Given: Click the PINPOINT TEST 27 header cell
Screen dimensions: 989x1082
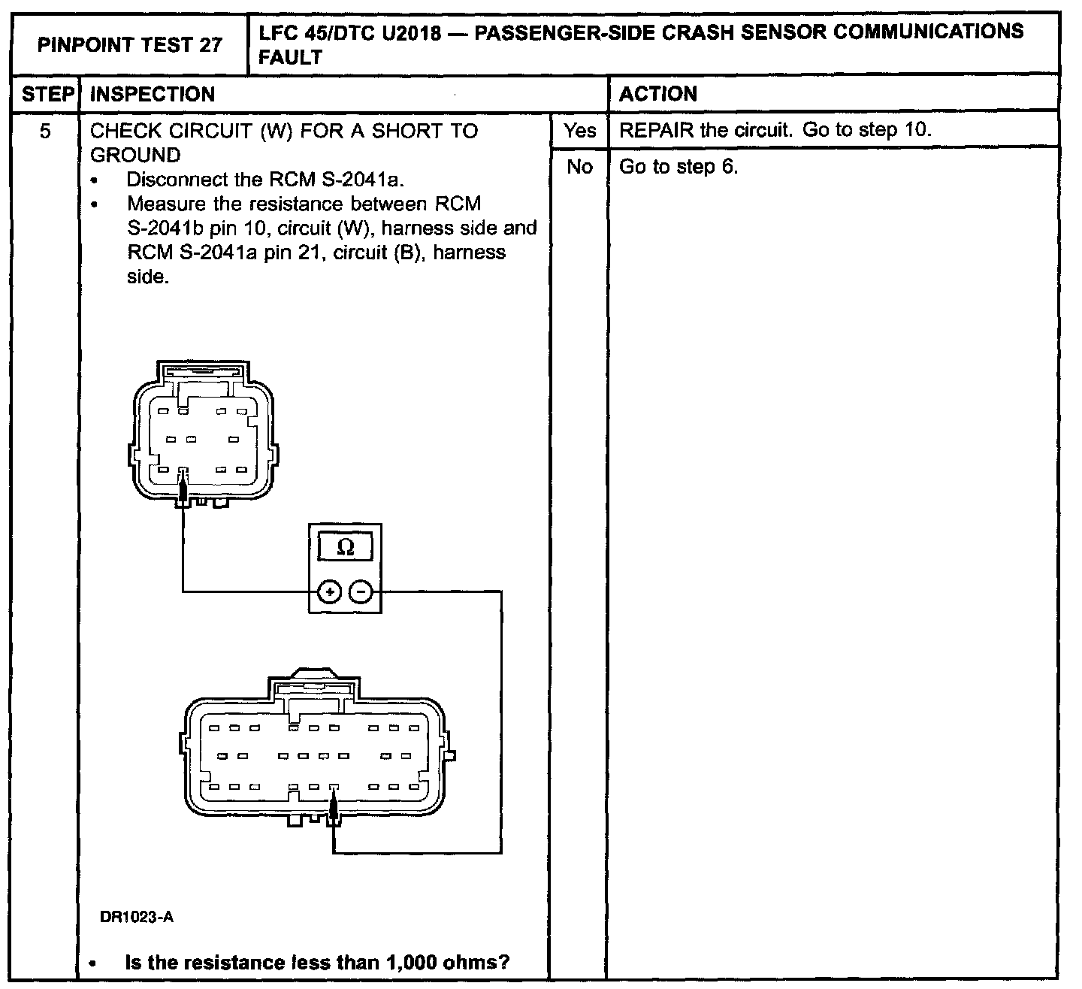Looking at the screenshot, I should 130,45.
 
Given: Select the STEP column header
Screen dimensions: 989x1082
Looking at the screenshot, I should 47,95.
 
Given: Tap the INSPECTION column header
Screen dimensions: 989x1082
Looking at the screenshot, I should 153,95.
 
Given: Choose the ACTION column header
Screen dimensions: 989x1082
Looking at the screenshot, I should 658,94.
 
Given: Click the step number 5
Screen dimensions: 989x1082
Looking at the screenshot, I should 45,132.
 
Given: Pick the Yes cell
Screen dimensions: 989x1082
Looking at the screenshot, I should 579,131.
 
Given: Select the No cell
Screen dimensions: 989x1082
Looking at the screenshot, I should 579,167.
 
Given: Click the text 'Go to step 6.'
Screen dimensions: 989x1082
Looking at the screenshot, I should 679,167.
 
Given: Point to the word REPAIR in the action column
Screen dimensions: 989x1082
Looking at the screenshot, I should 656,130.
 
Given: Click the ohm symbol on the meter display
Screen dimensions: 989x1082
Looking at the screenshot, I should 346,547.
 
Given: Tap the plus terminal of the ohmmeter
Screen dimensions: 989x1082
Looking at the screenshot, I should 329,593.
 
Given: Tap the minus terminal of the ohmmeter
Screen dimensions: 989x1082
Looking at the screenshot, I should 361,593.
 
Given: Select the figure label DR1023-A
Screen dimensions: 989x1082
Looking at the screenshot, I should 137,917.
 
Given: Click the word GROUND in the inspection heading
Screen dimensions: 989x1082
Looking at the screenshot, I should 135,156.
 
